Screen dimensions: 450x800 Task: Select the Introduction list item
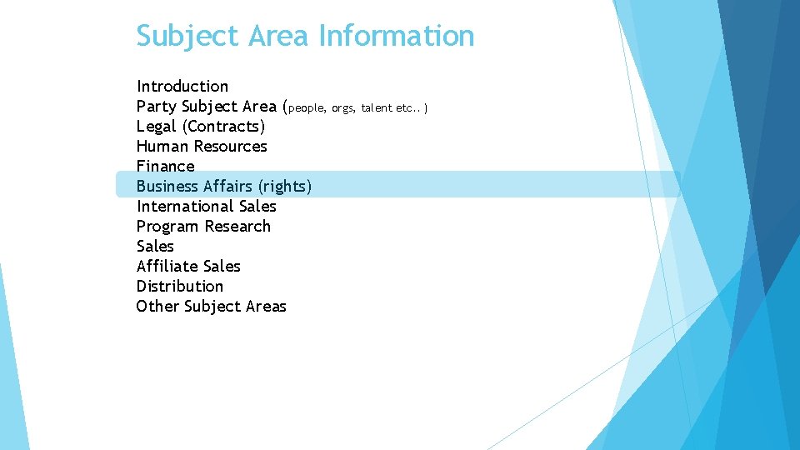click(182, 86)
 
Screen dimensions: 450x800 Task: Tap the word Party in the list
click(156, 106)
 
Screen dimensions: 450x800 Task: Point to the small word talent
click(376, 107)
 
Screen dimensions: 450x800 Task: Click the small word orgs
click(342, 107)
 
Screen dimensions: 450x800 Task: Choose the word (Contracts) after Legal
click(223, 126)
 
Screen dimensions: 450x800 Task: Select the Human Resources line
click(202, 146)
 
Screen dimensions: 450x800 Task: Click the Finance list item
click(165, 166)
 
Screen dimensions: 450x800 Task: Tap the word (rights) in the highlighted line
click(285, 186)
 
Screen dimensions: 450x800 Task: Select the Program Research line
click(203, 226)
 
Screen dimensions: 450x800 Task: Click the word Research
click(237, 226)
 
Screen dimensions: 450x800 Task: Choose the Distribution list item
click(180, 286)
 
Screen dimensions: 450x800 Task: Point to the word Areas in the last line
click(266, 306)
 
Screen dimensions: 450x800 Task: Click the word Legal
click(157, 126)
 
